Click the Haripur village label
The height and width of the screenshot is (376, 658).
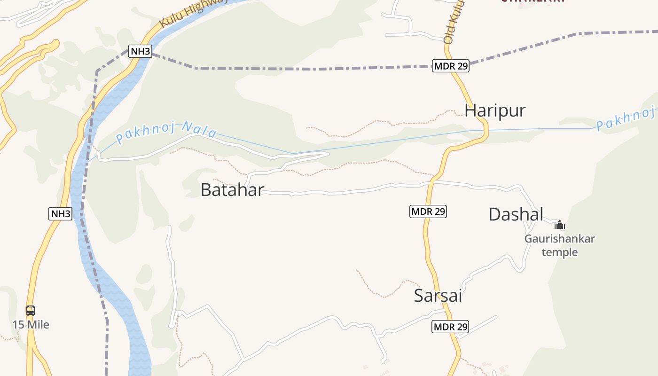coord(495,110)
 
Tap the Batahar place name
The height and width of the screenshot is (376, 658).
coord(232,190)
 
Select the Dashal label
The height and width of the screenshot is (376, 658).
coord(516,214)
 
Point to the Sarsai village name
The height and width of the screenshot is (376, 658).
coord(438,296)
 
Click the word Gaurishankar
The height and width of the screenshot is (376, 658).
coord(559,239)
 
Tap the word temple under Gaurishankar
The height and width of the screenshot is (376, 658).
coord(559,252)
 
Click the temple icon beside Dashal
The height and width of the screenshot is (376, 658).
coord(559,225)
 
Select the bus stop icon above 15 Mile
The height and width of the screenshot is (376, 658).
coord(31,311)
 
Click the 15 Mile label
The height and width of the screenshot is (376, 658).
coord(31,325)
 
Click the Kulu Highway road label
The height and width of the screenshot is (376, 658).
coord(193,12)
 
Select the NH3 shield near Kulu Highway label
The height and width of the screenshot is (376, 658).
coord(140,51)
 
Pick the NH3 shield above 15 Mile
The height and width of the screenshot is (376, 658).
coord(61,214)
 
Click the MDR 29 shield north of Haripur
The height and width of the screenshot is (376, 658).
coord(451,66)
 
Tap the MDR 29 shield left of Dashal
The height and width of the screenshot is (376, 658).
coord(428,211)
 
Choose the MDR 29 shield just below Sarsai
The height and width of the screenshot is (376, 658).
coord(450,327)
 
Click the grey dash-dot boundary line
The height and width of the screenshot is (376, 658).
coord(305,69)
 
